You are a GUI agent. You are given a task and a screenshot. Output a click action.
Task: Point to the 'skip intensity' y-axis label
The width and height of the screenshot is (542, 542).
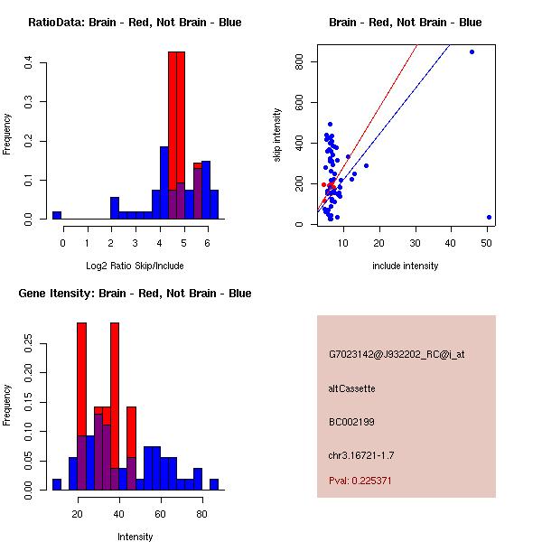pos(279,135)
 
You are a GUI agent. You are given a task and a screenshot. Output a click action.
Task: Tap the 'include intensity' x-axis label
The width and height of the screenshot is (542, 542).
pos(406,266)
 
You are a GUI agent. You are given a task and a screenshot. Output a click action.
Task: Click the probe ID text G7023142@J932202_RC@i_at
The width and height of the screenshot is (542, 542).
pos(397,355)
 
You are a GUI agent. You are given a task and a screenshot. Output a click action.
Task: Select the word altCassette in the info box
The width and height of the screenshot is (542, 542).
pos(351,388)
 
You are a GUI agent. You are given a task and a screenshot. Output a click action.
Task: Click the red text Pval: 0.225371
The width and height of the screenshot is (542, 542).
pos(360,481)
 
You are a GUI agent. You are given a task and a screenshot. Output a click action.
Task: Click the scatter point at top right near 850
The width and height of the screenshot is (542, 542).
pos(472,51)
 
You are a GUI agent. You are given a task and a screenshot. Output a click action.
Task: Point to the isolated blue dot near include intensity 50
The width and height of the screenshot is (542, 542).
pos(489,217)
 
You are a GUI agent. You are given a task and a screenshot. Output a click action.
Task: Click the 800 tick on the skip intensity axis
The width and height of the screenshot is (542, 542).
pos(297,61)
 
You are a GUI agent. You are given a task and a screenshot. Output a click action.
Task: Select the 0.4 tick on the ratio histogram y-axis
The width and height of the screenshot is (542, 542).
pos(30,62)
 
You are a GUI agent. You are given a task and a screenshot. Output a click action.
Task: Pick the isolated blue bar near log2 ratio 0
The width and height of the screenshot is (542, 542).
pos(57,216)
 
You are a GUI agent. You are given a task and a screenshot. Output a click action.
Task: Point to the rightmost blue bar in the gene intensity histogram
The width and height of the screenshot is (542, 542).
pos(214,484)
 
